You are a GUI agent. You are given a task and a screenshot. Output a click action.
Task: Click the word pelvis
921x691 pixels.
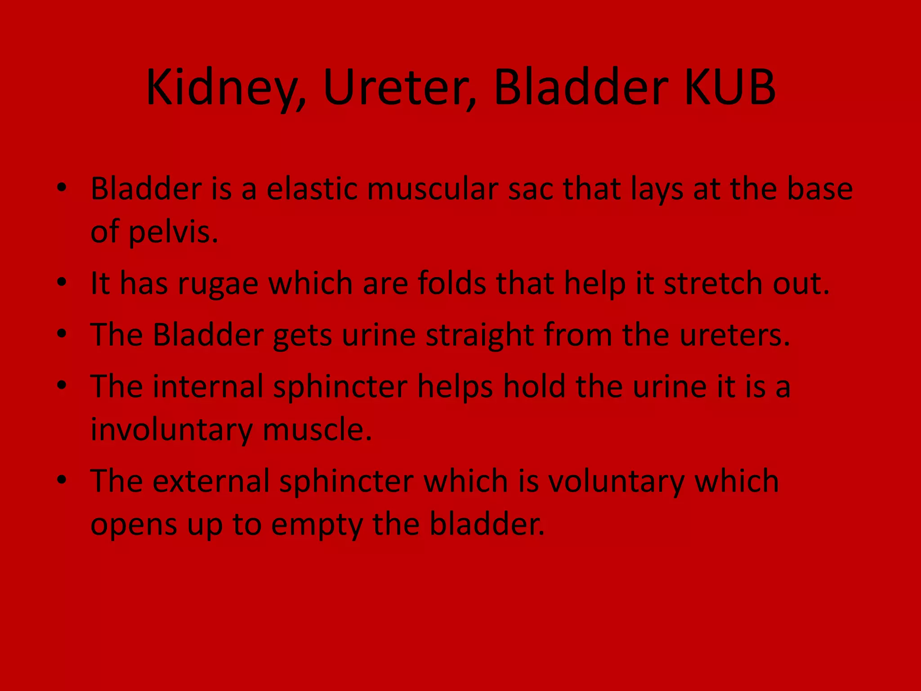(174, 232)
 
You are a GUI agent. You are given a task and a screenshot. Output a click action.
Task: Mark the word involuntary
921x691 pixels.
(172, 430)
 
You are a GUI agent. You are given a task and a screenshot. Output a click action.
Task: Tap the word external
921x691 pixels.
(211, 481)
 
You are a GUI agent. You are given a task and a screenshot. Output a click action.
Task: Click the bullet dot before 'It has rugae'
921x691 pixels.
(62, 283)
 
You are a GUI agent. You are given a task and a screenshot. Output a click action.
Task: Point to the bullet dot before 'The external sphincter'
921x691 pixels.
(62, 480)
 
